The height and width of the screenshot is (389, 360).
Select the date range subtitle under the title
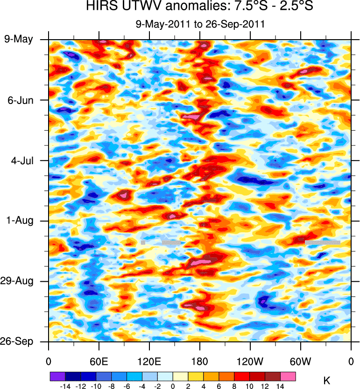[200, 24]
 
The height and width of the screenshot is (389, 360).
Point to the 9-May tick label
[19, 39]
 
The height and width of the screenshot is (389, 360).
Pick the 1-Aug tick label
[19, 221]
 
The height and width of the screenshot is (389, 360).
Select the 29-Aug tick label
[17, 281]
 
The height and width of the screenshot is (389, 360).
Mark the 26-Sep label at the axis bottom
[17, 341]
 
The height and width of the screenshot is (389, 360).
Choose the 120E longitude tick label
[149, 362]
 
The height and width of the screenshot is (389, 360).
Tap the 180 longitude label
[200, 362]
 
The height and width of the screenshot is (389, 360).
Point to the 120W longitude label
[250, 362]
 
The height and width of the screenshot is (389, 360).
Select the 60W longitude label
[301, 362]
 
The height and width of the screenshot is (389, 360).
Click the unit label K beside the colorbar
[326, 381]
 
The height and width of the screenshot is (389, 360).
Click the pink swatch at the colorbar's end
[289, 376]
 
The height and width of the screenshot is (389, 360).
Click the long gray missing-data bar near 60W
[322, 243]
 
